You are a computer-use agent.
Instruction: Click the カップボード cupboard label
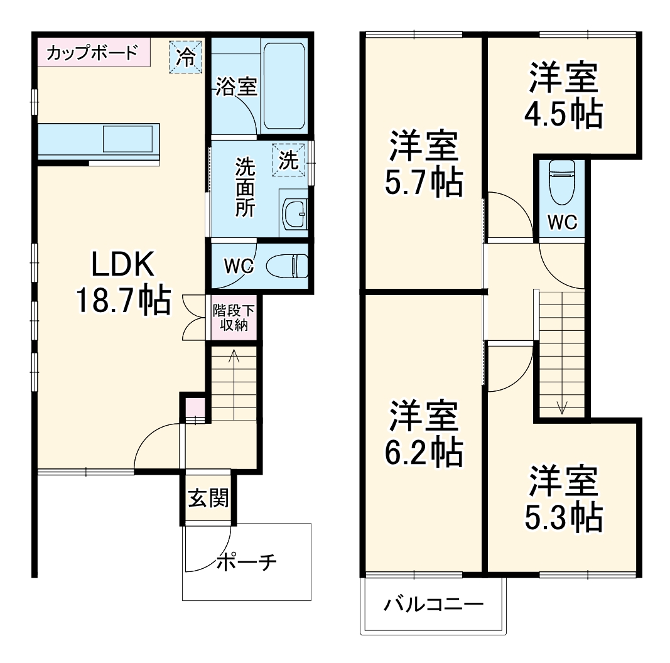[x=92, y=52]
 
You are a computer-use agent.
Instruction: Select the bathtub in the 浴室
[x=284, y=85]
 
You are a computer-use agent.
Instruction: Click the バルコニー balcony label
[x=434, y=605]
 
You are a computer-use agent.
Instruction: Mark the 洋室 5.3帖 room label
[x=563, y=500]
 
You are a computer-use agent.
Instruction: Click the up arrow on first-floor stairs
[x=234, y=358]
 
